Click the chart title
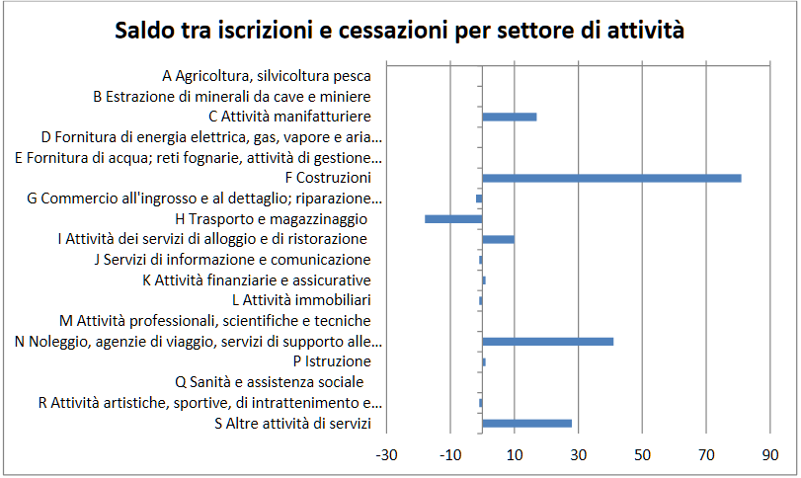pyautogui.click(x=400, y=31)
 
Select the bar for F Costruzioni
pyautogui.click(x=611, y=178)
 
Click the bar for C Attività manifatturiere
pyautogui.click(x=510, y=117)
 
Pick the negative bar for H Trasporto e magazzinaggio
pyautogui.click(x=453, y=218)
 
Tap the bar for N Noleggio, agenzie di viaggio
pyautogui.click(x=548, y=341)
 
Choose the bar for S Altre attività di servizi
pyautogui.click(x=527, y=423)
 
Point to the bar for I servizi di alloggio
pyautogui.click(x=499, y=239)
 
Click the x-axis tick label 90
pyautogui.click(x=770, y=455)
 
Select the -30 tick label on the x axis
pyautogui.click(x=386, y=455)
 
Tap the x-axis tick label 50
pyautogui.click(x=642, y=455)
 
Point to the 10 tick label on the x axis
pyautogui.click(x=515, y=455)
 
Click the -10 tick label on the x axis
pyautogui.click(x=450, y=455)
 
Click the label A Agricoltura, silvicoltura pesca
pyautogui.click(x=267, y=76)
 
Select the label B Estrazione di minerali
pyautogui.click(x=232, y=97)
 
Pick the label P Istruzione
pyautogui.click(x=332, y=361)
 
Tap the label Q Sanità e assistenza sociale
pyautogui.click(x=270, y=381)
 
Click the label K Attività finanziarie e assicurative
pyautogui.click(x=257, y=279)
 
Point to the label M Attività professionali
pyautogui.click(x=215, y=321)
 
